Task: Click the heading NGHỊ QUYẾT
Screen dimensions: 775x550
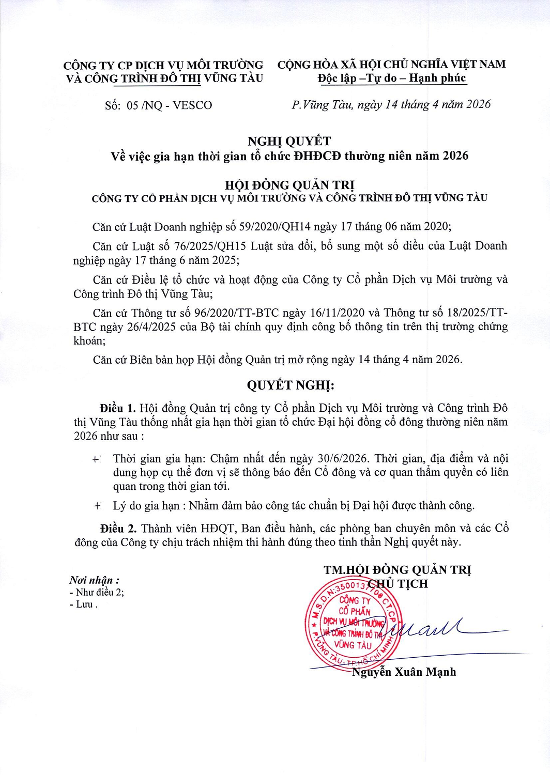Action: [289, 141]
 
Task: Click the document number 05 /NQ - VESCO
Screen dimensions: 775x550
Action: [169, 105]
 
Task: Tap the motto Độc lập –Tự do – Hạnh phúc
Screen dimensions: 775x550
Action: [392, 79]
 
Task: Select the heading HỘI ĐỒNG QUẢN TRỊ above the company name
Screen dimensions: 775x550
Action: [289, 185]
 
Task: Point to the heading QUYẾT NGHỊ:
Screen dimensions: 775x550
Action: [291, 385]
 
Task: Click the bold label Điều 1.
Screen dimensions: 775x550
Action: [117, 408]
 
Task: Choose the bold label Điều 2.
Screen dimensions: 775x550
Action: [118, 529]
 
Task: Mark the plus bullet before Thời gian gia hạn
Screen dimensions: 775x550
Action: [96, 459]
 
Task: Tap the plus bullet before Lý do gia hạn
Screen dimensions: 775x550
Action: [97, 506]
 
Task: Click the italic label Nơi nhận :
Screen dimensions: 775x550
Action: [95, 580]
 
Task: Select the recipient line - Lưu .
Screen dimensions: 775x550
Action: [83, 605]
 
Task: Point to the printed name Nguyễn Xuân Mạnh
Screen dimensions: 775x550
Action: [404, 672]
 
